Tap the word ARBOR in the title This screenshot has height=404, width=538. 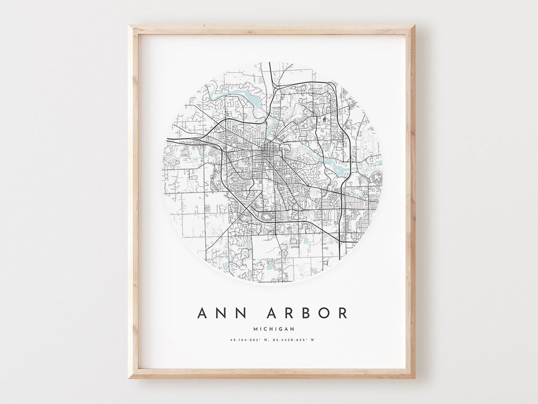tap(305, 313)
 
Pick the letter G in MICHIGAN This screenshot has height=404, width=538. tap(280, 328)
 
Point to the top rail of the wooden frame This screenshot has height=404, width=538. tap(271, 28)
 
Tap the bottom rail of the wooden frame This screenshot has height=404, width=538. tap(271, 374)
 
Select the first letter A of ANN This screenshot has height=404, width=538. tap(203, 313)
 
